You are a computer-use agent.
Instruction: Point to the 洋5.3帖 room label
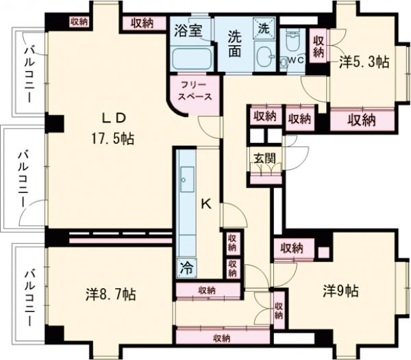coord(364,62)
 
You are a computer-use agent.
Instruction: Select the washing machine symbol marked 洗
coord(264,28)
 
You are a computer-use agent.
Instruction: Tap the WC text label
coord(295,60)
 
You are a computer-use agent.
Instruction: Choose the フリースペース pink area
coord(195,91)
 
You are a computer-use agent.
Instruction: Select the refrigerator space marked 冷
coord(186,267)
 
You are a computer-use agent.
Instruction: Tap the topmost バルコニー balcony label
coord(30,73)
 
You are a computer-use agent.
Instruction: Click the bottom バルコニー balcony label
coord(30,298)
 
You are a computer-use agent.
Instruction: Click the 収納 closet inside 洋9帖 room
coord(292,247)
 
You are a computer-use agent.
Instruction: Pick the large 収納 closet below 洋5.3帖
coord(361,120)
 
